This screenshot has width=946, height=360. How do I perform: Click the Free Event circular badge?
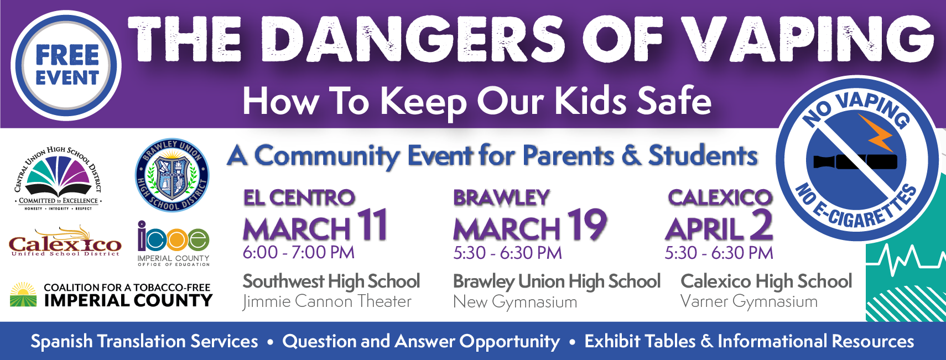click(66, 65)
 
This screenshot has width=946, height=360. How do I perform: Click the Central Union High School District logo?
click(58, 178)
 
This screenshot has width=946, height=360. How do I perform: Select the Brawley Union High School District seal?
click(172, 175)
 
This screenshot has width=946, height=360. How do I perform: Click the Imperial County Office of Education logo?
click(173, 243)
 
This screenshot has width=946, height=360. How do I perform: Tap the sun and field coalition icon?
click(24, 294)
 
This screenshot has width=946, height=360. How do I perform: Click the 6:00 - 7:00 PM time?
click(299, 252)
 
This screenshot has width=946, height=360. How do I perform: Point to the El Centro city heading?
click(299, 197)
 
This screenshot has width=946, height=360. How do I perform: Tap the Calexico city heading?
click(720, 197)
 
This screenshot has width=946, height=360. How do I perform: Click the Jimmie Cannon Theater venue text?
click(327, 301)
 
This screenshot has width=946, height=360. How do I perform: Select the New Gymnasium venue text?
click(515, 302)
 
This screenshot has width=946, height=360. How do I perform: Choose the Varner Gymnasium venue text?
click(749, 301)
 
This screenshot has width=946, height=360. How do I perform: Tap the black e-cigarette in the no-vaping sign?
click(855, 161)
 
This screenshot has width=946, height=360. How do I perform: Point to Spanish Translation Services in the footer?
click(144, 341)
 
